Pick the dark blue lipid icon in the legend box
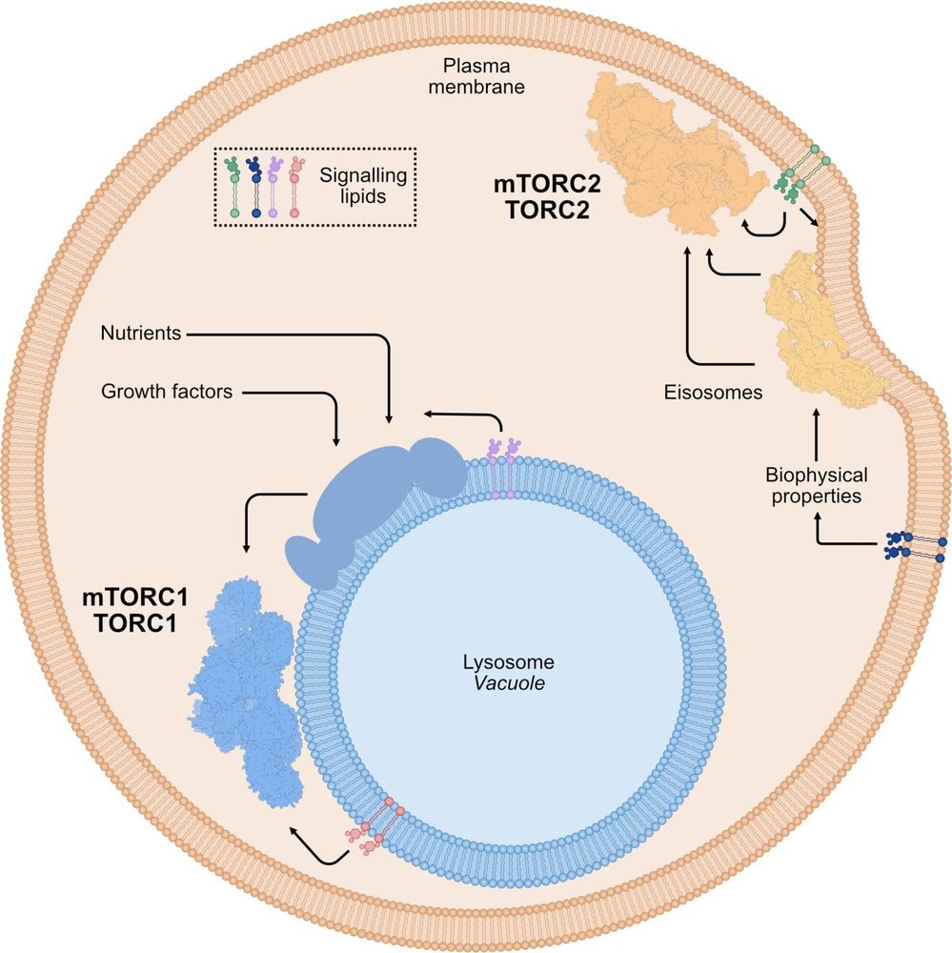click(x=255, y=188)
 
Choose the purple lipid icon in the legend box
click(x=276, y=188)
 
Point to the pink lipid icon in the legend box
click(x=296, y=188)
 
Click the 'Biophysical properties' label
click(x=815, y=486)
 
